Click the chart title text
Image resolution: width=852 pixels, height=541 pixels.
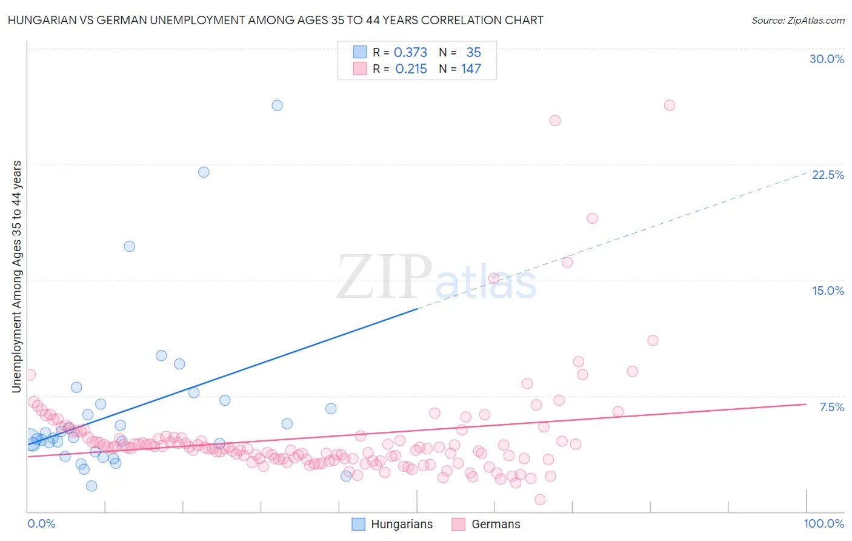tap(275, 20)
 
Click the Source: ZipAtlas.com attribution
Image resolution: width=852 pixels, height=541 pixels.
tap(797, 20)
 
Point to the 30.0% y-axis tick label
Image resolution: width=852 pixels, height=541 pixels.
tap(827, 59)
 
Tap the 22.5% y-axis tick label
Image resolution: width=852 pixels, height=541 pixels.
tap(828, 175)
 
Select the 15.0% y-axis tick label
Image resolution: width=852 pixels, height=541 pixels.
tap(828, 291)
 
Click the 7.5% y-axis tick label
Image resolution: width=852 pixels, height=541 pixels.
tap(831, 407)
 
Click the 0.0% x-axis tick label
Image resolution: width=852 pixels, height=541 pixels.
tap(41, 523)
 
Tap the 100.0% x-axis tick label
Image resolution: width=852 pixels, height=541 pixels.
tap(824, 523)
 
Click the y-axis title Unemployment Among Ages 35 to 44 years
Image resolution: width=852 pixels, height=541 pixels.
tap(16, 277)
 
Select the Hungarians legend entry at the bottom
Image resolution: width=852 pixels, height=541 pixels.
tap(393, 524)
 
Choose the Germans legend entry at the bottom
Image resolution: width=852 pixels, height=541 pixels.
tap(486, 524)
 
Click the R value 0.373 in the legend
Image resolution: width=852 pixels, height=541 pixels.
tap(410, 53)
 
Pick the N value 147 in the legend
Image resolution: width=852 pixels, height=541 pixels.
tap(471, 69)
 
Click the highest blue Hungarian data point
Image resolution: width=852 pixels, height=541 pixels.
tap(277, 106)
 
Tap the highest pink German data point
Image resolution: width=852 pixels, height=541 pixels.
tap(670, 106)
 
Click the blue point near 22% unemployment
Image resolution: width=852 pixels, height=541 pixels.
tap(204, 172)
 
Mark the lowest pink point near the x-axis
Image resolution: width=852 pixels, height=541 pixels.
tap(540, 500)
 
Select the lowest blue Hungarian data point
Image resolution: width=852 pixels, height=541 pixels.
tap(92, 486)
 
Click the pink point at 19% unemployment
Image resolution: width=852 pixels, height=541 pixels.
tap(592, 218)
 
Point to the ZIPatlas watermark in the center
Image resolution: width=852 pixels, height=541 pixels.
tap(436, 278)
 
